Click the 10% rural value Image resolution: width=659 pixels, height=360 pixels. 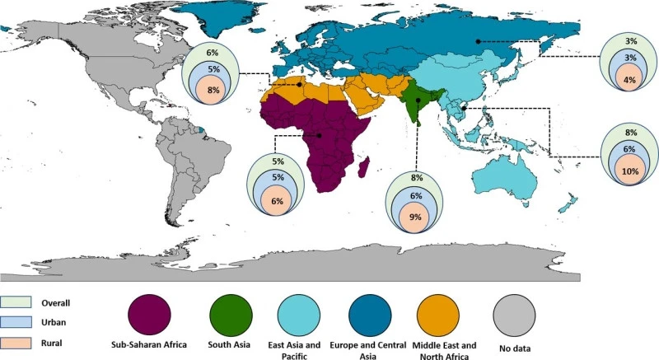point(630,171)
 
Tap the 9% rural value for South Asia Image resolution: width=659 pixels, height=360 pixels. point(415,217)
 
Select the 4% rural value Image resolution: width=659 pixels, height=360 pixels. point(629,79)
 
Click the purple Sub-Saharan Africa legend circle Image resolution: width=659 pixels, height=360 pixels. point(149,315)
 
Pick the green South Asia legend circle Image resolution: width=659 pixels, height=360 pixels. point(231,315)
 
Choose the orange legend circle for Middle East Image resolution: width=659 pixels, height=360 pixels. point(438,315)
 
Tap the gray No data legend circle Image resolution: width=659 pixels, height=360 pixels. point(514,315)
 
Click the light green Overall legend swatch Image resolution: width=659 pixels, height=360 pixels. point(16,302)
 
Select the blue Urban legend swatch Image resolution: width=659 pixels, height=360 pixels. point(16,322)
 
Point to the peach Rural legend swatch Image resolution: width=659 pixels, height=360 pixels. point(16,343)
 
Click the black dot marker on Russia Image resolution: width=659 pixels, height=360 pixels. point(478,41)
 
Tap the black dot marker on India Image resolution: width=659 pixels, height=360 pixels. point(418,101)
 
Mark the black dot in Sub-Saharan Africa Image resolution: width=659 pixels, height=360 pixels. point(319,135)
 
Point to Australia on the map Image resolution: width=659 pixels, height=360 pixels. point(504,179)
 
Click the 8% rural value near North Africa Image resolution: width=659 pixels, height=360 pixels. point(213,90)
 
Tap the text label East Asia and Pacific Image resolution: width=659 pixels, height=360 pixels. point(294,350)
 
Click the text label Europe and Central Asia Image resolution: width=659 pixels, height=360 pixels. point(367,350)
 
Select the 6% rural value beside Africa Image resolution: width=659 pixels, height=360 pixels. point(277,201)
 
